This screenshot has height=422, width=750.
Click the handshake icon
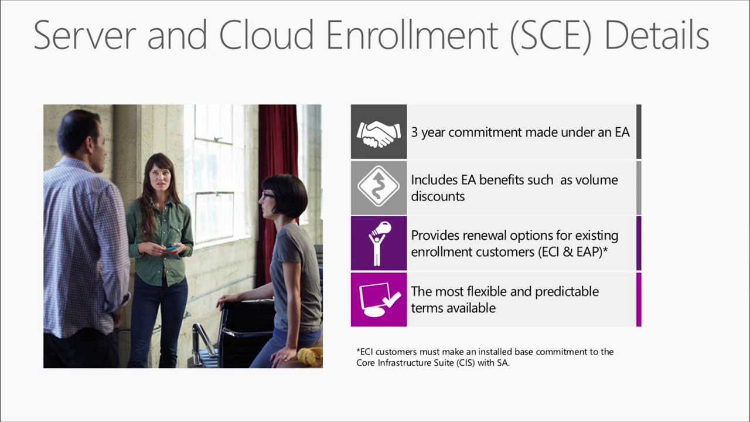coord(379,132)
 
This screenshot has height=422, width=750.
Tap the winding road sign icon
coord(379,188)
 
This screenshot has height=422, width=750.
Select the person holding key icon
coord(379,243)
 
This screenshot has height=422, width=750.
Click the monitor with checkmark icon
coord(379,299)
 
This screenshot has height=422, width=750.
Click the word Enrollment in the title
coord(411,35)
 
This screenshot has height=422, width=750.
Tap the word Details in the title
coord(656,35)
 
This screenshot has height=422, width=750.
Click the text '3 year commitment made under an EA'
coord(520,132)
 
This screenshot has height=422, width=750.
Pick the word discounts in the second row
coord(438,196)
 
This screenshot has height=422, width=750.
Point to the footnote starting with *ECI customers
coord(485,357)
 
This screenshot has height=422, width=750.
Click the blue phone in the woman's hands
coord(171,248)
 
